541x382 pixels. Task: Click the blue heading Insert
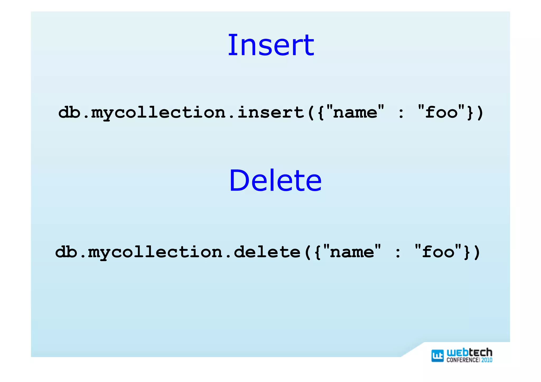pos(271,45)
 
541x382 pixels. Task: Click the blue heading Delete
pos(275,181)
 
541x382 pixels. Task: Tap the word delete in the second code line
pos(267,252)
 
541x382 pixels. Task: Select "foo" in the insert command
pos(441,112)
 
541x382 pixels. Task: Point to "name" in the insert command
pos(355,112)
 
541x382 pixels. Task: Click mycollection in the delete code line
pos(155,252)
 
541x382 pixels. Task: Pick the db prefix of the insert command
pos(69,112)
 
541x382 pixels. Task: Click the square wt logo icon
pos(437,356)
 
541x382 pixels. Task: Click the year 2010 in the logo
pos(487,360)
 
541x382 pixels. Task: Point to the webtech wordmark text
pos(469,352)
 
